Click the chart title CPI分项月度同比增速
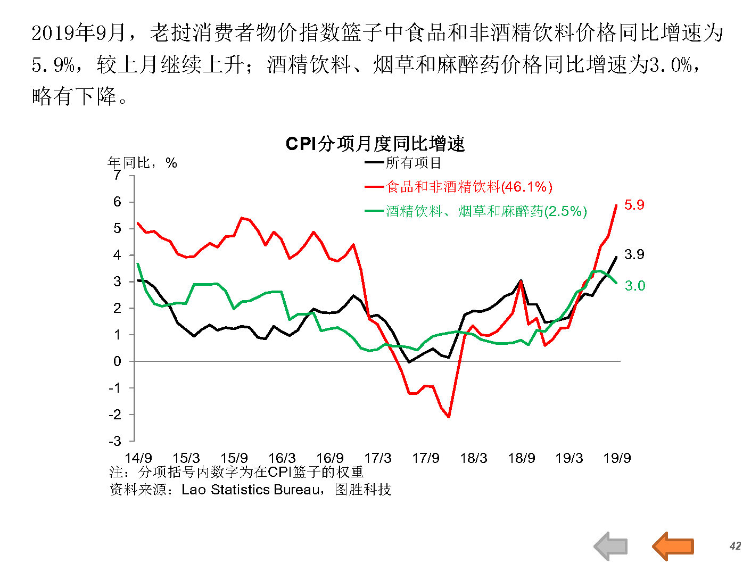pyautogui.click(x=375, y=144)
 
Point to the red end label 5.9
pyautogui.click(x=634, y=205)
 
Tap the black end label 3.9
pyautogui.click(x=634, y=254)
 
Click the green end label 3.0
pyautogui.click(x=634, y=286)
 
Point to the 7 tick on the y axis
pyautogui.click(x=117, y=176)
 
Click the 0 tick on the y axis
pyautogui.click(x=117, y=361)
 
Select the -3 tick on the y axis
pyautogui.click(x=115, y=441)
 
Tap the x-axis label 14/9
pyautogui.click(x=138, y=458)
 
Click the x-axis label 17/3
pyautogui.click(x=377, y=458)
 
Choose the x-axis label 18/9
pyautogui.click(x=521, y=458)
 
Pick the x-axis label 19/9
pyautogui.click(x=617, y=458)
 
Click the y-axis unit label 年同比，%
pyautogui.click(x=142, y=163)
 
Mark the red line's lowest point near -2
pyautogui.click(x=449, y=417)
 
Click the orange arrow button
pyautogui.click(x=673, y=546)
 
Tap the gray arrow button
pyautogui.click(x=610, y=546)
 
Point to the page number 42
pyautogui.click(x=735, y=546)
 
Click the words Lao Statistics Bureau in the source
pyautogui.click(x=250, y=490)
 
